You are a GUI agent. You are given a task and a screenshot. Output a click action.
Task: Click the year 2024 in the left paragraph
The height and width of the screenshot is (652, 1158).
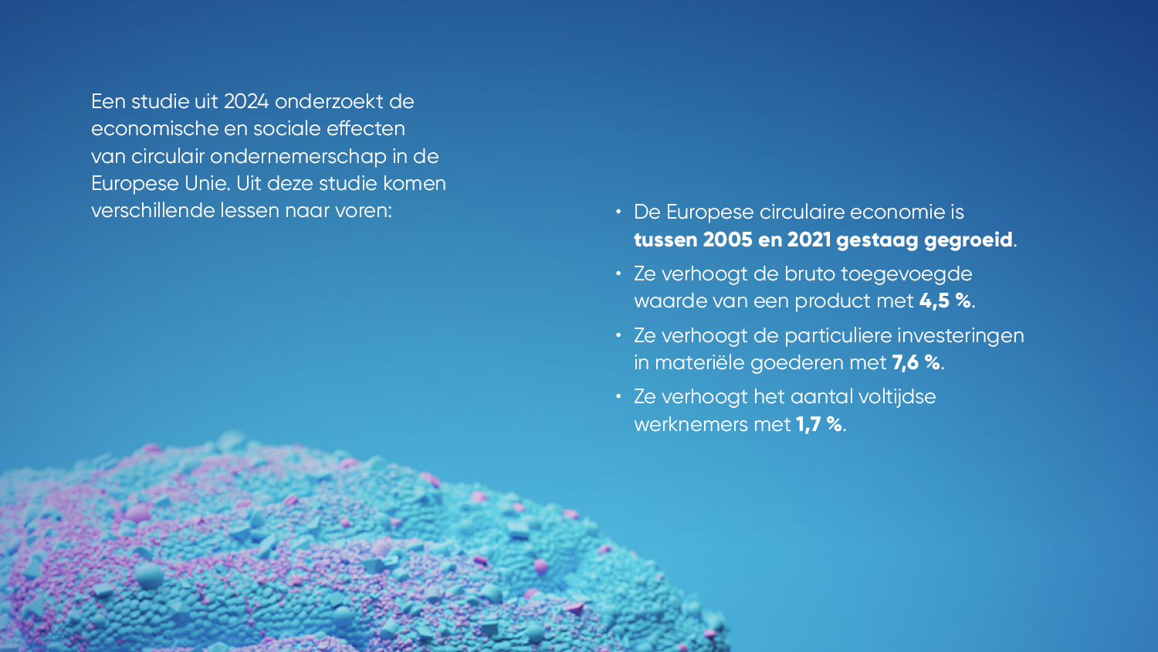[x=246, y=101]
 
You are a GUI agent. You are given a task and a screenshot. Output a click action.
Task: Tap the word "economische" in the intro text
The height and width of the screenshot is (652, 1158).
[x=154, y=128]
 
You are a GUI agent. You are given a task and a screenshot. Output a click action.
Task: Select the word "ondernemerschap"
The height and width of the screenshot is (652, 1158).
[x=298, y=157]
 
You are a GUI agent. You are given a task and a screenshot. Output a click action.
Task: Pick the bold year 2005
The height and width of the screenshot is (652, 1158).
[x=727, y=239]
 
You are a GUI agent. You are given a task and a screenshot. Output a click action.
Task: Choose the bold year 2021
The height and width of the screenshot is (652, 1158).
[x=809, y=239]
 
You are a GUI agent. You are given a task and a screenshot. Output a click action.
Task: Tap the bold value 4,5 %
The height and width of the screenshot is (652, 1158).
[x=945, y=301]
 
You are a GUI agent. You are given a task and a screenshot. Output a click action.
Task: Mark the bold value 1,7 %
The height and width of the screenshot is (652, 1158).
[x=819, y=424]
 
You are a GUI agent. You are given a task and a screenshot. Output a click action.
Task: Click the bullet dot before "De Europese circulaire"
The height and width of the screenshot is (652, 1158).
[x=618, y=212]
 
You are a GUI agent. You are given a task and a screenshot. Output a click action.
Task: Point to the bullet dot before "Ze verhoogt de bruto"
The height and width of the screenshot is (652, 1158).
[x=618, y=273]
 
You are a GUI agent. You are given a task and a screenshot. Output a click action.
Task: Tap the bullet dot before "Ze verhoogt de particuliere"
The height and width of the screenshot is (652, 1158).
[x=618, y=335]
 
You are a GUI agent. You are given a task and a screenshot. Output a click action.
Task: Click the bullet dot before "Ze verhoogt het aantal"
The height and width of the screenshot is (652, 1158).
[x=618, y=397]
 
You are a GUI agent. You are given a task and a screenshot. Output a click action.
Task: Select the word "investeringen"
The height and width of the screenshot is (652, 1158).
[x=960, y=336]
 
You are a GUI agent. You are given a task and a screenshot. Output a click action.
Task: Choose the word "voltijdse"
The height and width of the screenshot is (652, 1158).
[x=897, y=397]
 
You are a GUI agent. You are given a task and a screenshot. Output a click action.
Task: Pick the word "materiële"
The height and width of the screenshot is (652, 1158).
[x=700, y=362]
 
